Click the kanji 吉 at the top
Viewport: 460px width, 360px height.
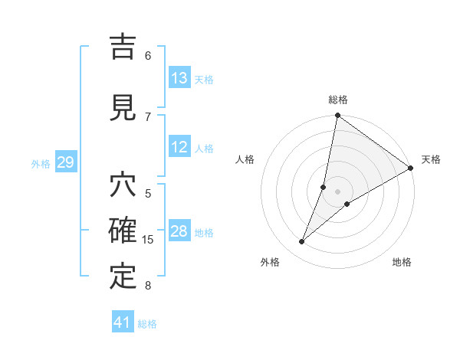pos(123,48)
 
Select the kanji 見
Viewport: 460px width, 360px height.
pos(123,107)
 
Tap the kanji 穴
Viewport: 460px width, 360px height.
pos(123,186)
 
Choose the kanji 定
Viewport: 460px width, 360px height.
pos(123,277)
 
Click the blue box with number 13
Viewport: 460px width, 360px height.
pos(179,78)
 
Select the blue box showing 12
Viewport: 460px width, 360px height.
pos(179,147)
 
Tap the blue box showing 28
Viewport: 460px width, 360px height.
pos(179,231)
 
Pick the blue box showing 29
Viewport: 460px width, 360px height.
pos(65,162)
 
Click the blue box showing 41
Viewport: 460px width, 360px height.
pos(123,322)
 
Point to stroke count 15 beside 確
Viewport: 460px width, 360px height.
pos(148,240)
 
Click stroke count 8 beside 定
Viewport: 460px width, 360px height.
pos(148,286)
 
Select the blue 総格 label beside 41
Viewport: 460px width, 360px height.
pos(147,324)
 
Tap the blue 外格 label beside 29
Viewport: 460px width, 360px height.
pos(41,163)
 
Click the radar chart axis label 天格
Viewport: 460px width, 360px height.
pos(431,159)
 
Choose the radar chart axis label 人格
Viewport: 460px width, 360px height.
pos(245,159)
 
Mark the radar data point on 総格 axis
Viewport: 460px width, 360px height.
pos(337,116)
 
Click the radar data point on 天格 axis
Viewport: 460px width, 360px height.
pos(410,168)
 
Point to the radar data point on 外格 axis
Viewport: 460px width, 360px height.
pos(302,242)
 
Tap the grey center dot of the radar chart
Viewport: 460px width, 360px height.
pos(337,191)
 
